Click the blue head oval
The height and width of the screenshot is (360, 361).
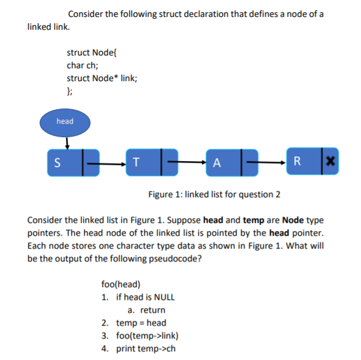click(x=65, y=121)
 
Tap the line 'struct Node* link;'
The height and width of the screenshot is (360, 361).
click(x=102, y=78)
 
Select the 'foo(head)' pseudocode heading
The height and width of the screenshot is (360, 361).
click(x=121, y=284)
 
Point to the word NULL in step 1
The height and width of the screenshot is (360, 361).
click(x=164, y=297)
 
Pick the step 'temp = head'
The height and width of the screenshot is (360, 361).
click(x=141, y=323)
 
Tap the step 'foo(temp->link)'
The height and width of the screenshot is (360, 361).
click(x=148, y=335)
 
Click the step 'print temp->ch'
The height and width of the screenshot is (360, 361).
click(x=146, y=348)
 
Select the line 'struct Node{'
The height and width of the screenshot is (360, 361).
click(x=93, y=52)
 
